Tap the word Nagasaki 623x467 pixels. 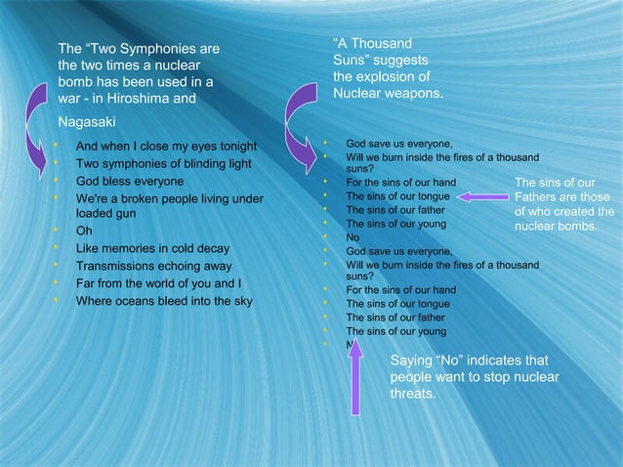coord(86,122)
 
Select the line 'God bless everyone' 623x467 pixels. coord(129,182)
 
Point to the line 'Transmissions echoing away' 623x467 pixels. coord(153,266)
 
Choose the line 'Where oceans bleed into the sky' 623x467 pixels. coord(164,300)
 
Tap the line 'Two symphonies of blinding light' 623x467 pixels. coord(163,164)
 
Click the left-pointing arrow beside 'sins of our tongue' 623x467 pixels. coord(482,196)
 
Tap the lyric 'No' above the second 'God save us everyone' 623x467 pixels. coord(353,237)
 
